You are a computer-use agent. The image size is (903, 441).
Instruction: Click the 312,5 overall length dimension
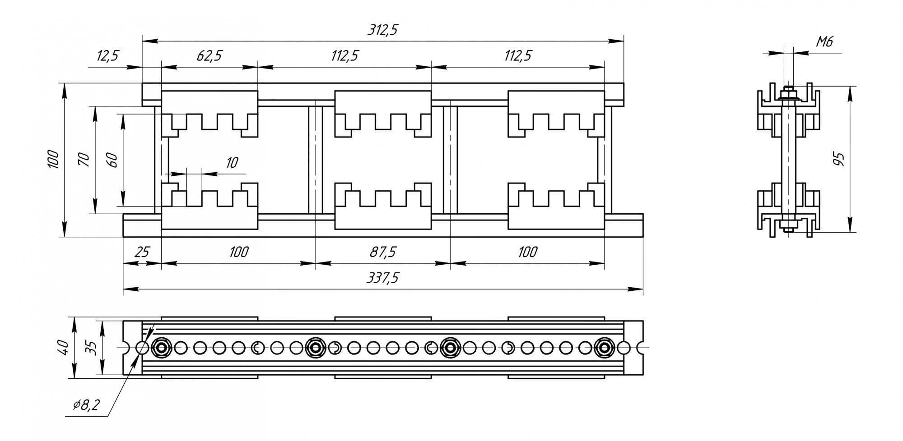(383, 30)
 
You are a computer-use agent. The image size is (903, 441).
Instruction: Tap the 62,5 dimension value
(209, 56)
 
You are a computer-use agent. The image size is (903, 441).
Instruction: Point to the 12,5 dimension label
(107, 56)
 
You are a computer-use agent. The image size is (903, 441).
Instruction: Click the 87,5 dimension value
(383, 252)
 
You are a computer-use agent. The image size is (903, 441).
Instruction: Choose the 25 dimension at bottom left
(142, 252)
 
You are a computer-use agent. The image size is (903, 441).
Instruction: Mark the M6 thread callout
(824, 42)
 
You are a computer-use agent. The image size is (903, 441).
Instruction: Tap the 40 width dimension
(63, 348)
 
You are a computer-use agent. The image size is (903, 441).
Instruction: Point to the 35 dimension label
(91, 348)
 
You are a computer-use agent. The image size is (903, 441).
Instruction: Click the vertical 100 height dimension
(53, 159)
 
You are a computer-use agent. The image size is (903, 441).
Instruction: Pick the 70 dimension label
(84, 159)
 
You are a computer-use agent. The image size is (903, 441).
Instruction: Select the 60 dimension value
(112, 159)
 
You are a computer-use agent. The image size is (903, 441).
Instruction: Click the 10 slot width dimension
(232, 162)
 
